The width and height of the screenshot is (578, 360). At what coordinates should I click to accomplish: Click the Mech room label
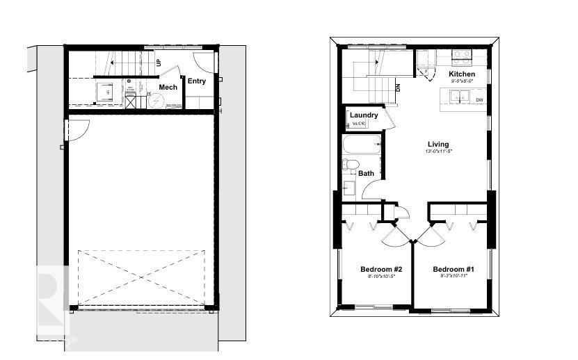pyautogui.click(x=168, y=87)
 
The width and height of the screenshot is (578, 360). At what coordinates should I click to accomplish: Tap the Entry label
pyautogui.click(x=197, y=81)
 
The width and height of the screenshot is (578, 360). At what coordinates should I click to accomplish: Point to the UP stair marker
pyautogui.click(x=159, y=63)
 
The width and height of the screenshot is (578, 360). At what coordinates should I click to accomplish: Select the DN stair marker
pyautogui.click(x=398, y=88)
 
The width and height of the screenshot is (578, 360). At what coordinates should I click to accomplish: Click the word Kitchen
pyautogui.click(x=462, y=74)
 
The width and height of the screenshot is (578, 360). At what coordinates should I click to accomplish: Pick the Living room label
pyautogui.click(x=438, y=144)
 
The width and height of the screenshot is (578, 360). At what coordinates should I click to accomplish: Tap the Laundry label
pyautogui.click(x=364, y=115)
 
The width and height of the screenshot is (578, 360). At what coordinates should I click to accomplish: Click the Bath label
pyautogui.click(x=366, y=173)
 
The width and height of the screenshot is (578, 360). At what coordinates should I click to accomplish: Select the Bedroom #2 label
pyautogui.click(x=381, y=269)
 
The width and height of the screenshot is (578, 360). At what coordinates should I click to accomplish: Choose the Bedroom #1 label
pyautogui.click(x=453, y=269)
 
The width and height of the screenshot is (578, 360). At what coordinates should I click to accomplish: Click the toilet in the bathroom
pyautogui.click(x=350, y=165)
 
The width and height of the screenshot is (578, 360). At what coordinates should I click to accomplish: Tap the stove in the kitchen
pyautogui.click(x=463, y=56)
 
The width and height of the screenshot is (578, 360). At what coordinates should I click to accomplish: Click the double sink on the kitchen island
pyautogui.click(x=458, y=99)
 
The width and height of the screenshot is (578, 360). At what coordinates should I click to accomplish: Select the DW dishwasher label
pyautogui.click(x=480, y=100)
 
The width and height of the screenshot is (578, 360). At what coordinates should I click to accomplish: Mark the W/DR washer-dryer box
pyautogui.click(x=358, y=124)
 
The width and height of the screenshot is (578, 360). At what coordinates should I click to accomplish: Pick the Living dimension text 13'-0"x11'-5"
pyautogui.click(x=439, y=152)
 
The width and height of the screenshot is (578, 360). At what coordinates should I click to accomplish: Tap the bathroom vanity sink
pyautogui.click(x=348, y=188)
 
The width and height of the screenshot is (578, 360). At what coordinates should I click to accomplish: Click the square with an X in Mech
pyautogui.click(x=131, y=101)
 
